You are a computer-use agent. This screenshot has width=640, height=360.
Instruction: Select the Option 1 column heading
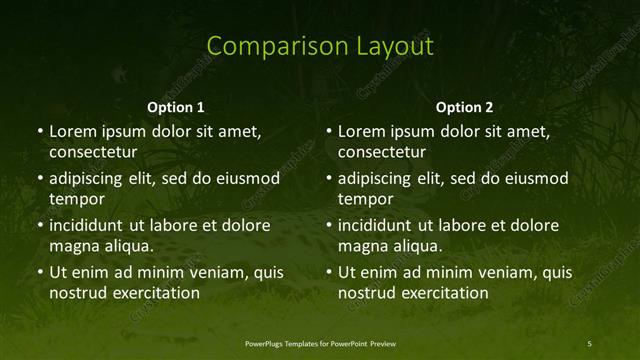point(176,107)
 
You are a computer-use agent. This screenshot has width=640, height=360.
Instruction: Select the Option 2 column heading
point(465,107)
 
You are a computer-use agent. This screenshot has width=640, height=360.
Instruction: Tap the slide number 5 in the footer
point(590,343)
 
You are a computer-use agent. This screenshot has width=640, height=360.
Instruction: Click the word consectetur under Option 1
point(93,152)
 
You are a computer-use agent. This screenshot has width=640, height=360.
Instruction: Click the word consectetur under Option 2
point(382,152)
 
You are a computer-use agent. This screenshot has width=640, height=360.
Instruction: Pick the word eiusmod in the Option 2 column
point(535,179)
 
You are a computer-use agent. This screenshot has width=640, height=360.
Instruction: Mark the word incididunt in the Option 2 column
point(375,225)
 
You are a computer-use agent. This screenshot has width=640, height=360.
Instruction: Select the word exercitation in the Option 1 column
point(156,293)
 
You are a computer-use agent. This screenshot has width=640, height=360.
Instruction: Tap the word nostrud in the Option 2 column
point(368,293)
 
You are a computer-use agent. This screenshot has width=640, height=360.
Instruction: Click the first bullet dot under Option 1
point(39,132)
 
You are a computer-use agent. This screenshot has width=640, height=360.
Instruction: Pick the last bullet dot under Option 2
point(328,272)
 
